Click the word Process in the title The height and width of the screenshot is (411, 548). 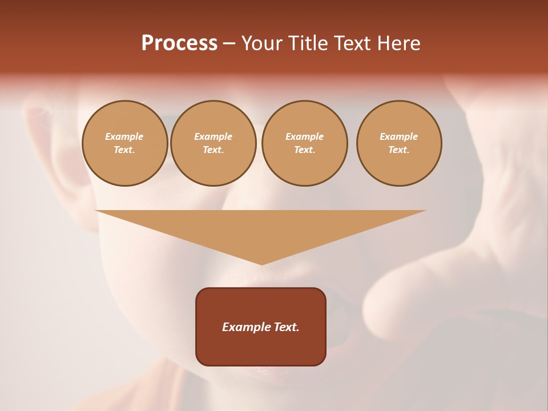(x=179, y=43)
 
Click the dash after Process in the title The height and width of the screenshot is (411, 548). (x=229, y=44)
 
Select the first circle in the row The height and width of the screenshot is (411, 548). (x=124, y=143)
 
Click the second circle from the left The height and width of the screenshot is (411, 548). (x=213, y=143)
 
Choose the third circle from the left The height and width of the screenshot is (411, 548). (x=304, y=143)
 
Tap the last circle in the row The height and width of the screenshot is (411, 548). (x=399, y=143)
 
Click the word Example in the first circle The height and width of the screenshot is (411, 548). (x=124, y=136)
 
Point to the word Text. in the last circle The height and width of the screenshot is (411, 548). (x=399, y=150)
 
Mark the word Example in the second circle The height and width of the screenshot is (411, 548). (x=213, y=136)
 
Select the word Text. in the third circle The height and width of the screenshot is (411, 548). (x=304, y=150)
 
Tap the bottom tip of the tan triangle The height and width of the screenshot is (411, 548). (x=261, y=263)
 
